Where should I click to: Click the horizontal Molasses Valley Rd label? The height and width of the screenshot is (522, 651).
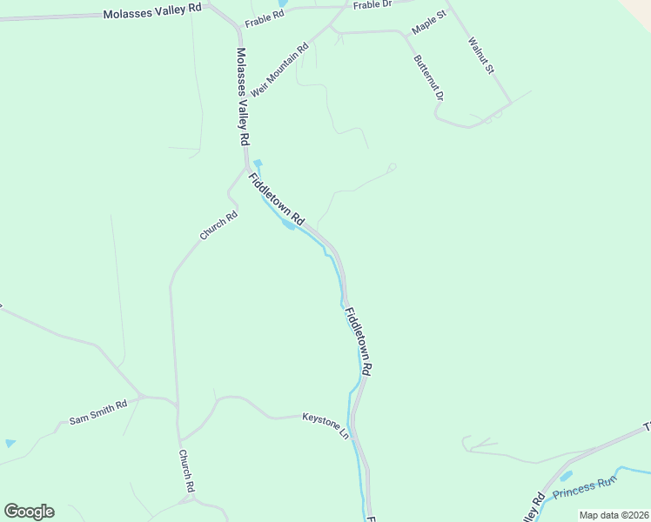152,14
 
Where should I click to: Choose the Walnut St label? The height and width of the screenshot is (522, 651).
480,54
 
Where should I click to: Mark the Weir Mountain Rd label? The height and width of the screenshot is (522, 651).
279,70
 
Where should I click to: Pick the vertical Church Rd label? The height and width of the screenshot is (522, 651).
186,472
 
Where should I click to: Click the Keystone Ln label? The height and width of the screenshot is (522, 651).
325,423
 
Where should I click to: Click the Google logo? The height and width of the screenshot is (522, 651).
29,512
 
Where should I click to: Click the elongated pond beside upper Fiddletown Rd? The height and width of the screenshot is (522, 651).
286,224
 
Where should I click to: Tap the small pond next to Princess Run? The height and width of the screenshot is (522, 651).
567,476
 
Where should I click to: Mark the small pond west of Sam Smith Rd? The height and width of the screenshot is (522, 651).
10,444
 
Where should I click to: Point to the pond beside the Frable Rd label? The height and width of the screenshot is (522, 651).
283,3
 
